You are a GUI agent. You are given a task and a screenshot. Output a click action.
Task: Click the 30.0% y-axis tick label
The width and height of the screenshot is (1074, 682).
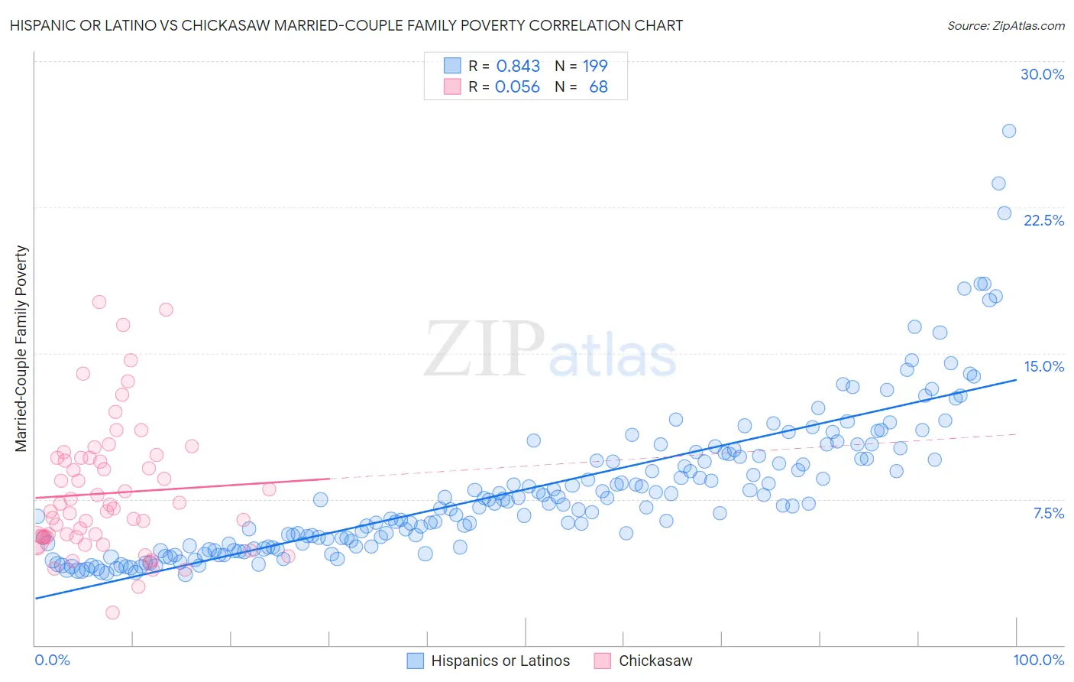point(1042,74)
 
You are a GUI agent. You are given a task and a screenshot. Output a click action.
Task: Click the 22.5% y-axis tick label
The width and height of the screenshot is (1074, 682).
point(1043,220)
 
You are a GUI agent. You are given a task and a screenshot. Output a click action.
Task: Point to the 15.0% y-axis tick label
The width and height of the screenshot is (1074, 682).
point(1043,366)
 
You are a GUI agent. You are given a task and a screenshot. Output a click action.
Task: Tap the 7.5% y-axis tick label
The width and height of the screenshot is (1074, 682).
point(1048,513)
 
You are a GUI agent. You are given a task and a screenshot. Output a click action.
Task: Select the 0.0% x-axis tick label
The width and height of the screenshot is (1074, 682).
point(52,660)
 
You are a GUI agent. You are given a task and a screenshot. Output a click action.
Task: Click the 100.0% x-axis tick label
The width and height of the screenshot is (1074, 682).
point(1038,660)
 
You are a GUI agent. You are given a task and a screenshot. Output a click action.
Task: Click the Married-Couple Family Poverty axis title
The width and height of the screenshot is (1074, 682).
point(21,349)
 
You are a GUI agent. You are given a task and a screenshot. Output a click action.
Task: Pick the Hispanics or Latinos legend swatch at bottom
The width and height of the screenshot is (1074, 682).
point(415,661)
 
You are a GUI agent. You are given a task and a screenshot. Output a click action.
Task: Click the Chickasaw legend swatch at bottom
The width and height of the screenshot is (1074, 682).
point(603,661)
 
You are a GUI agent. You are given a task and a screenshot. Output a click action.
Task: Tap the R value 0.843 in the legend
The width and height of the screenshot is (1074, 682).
point(518,67)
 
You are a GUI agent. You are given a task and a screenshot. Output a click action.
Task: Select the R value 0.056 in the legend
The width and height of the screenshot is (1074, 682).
point(517,87)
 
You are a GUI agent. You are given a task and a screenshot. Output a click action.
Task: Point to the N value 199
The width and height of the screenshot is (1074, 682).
point(595,67)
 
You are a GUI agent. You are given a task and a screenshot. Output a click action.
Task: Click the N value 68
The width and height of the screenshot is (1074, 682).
point(598,87)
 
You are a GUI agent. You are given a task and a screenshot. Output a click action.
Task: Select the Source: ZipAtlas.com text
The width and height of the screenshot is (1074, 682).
point(1005,25)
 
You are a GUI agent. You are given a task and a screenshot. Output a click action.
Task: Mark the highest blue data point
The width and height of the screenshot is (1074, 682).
point(1009,131)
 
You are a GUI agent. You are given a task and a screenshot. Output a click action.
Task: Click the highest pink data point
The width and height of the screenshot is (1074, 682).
point(99,302)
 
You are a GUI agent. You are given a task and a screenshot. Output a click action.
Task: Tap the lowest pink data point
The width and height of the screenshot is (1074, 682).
point(112,612)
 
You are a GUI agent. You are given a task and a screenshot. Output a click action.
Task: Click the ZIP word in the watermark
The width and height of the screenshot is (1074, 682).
point(484,349)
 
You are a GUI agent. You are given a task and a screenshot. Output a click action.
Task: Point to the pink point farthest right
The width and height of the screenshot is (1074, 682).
point(287,556)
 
